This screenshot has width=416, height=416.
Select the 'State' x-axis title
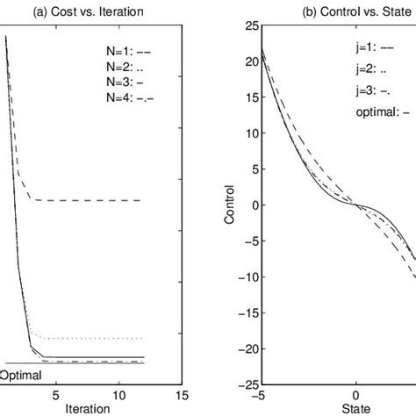[x=355, y=408]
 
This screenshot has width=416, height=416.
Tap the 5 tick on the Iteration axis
[x=56, y=396]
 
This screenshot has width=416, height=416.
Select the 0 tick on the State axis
[x=355, y=396]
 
